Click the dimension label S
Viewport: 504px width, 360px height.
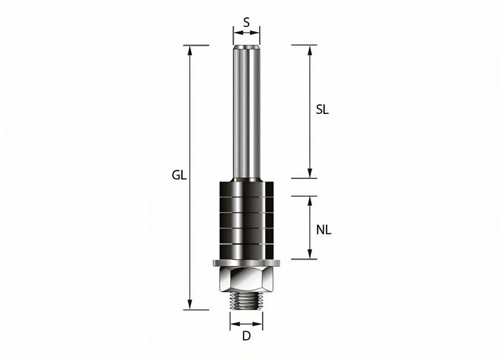coord(246,22)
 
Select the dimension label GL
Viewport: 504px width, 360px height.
coord(179,175)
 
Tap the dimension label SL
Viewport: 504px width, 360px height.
coord(322,110)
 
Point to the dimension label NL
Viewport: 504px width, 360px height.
coord(324,230)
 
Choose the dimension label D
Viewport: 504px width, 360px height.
coord(246,336)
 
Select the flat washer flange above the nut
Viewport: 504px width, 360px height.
coord(246,263)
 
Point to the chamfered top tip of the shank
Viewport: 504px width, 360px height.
coord(246,48)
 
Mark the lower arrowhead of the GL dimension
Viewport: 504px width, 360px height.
coord(190,305)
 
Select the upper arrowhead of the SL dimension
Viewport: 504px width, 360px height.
coord(309,49)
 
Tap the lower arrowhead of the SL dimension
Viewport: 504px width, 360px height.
coord(309,173)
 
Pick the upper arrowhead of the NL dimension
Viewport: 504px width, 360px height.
coord(309,200)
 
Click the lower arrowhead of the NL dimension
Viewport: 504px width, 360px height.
coord(309,255)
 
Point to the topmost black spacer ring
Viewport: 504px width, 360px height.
coord(246,188)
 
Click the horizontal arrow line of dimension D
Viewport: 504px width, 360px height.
coord(246,323)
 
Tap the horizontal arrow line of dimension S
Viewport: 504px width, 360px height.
coord(246,33)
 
